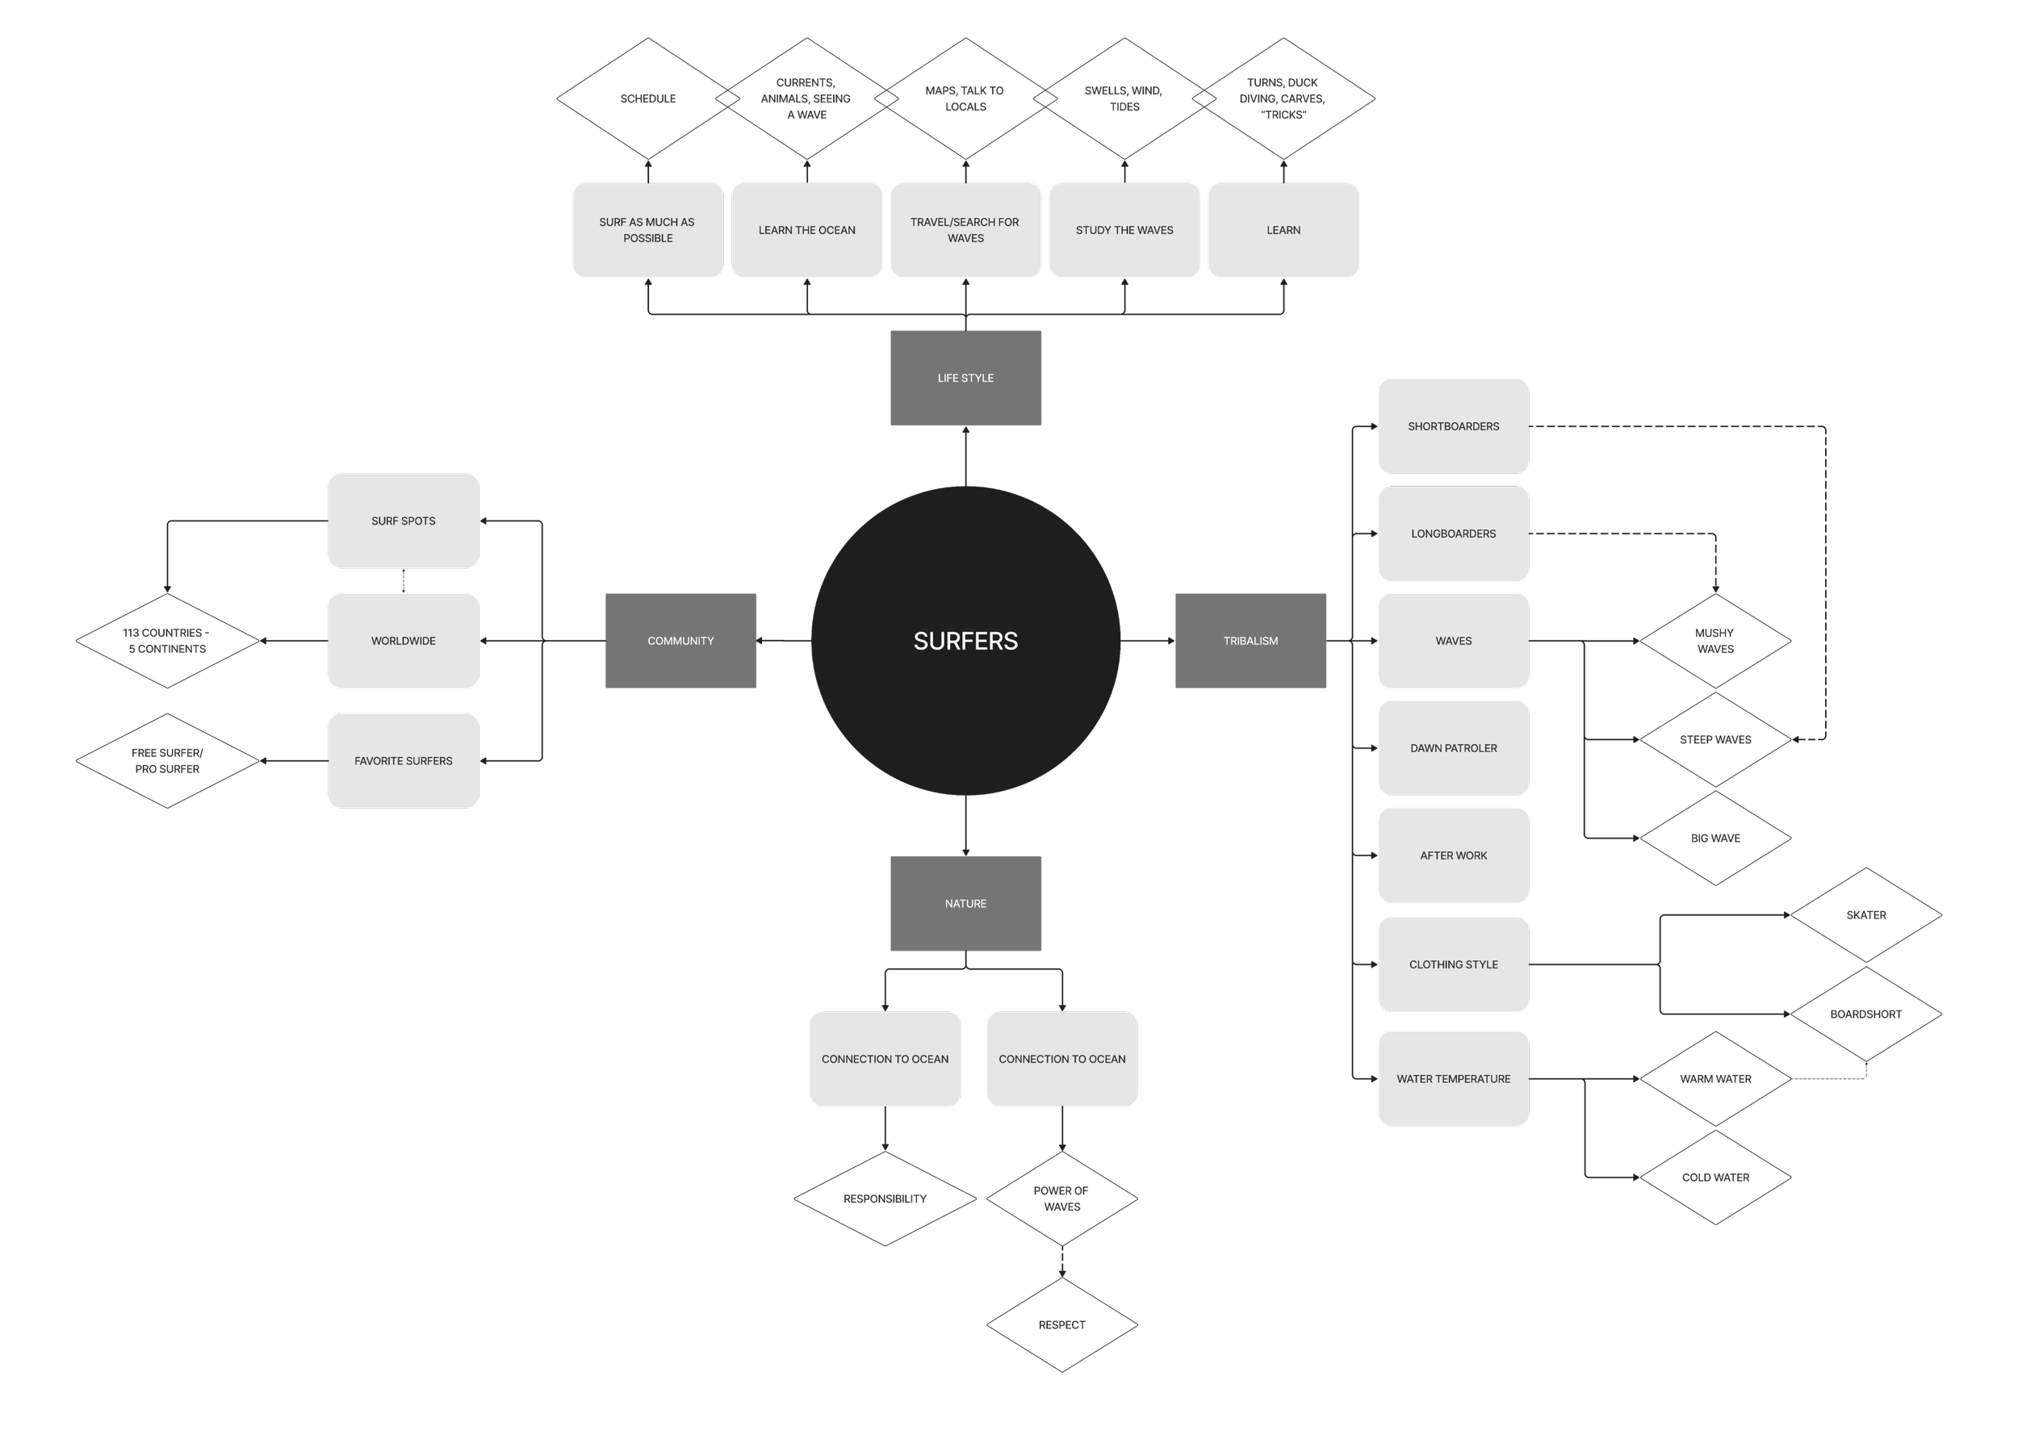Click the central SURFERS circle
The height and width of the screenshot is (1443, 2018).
(x=965, y=641)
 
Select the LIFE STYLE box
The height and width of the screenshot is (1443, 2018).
(x=965, y=378)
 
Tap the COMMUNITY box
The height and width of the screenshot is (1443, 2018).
(x=680, y=641)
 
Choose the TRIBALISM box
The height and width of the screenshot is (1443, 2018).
(x=1250, y=641)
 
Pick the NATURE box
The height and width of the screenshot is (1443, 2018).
(x=965, y=904)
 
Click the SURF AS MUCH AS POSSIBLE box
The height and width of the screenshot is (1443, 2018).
(x=648, y=230)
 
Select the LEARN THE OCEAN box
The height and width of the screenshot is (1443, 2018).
(x=807, y=230)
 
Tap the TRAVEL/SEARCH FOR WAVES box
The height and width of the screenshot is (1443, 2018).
(x=965, y=230)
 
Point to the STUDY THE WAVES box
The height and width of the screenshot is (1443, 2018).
(x=1124, y=230)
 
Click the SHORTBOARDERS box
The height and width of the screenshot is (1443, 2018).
(x=1453, y=426)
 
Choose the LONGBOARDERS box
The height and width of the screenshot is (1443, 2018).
(x=1453, y=534)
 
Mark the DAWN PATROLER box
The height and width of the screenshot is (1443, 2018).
(x=1453, y=748)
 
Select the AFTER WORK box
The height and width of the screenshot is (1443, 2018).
(x=1453, y=855)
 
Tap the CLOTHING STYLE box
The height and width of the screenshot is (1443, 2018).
(x=1453, y=964)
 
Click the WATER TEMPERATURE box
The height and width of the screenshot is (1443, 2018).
(x=1453, y=1079)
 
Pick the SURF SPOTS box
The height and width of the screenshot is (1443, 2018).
(x=404, y=521)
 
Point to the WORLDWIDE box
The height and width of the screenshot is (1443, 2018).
(x=404, y=641)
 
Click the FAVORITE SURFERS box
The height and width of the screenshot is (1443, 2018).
(x=404, y=760)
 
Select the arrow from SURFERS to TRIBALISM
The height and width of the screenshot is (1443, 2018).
(x=1147, y=641)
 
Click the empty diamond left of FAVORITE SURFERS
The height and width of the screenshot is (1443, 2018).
(x=167, y=760)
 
